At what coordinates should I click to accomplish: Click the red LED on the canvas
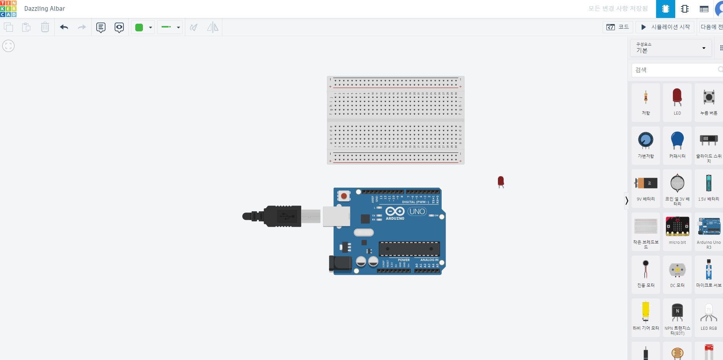point(501,181)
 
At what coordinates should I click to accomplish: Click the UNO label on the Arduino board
point(417,211)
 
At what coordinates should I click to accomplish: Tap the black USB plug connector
point(282,216)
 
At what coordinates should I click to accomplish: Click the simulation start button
point(665,27)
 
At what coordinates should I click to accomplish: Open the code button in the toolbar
point(618,27)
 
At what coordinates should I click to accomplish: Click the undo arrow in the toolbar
point(64,27)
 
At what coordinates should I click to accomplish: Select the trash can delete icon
point(45,27)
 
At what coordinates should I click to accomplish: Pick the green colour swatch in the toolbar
point(139,27)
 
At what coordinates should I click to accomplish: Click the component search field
point(674,70)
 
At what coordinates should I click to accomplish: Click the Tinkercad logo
point(8,8)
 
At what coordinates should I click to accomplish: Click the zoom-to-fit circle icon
point(8,46)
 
